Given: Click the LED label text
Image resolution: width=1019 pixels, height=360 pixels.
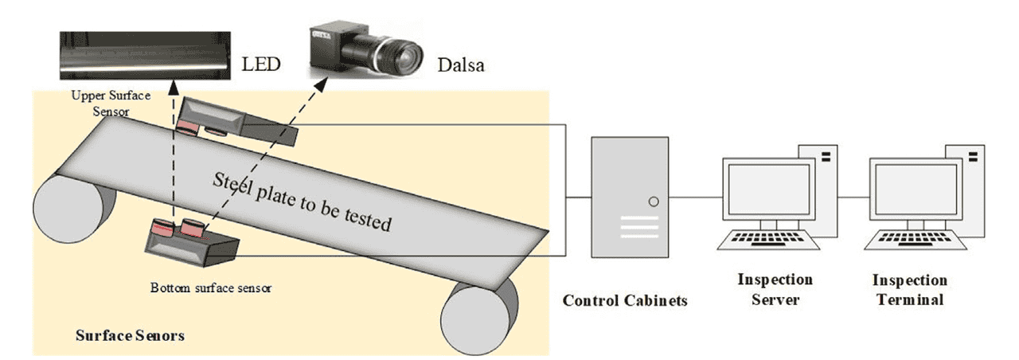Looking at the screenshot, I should tap(260, 62).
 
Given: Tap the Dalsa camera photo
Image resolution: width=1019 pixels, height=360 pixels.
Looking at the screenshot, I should tap(365, 53).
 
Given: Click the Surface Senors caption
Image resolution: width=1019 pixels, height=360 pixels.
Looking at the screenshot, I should tap(130, 335).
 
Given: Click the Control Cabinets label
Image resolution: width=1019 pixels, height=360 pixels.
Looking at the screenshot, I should tap(625, 301).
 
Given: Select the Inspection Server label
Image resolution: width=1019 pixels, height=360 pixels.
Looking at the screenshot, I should tap(775, 289).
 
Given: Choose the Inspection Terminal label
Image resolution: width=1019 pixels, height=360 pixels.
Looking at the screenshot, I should tap(910, 289).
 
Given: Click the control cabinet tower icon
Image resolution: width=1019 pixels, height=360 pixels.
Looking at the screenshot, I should tap(629, 198).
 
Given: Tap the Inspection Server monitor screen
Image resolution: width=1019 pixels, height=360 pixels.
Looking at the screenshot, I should tap(767, 194).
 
